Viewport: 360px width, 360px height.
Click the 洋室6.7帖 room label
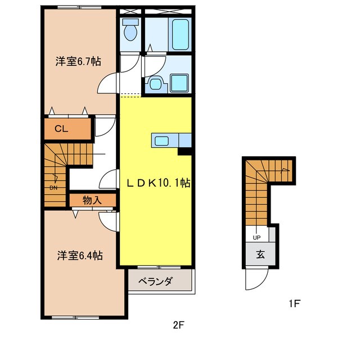point(78,61)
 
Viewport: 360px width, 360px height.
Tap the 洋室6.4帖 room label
point(80,255)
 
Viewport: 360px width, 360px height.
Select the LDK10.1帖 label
point(159,183)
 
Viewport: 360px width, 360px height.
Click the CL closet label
point(61,129)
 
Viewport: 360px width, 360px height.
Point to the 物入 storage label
point(92,200)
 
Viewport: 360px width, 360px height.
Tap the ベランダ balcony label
point(155,281)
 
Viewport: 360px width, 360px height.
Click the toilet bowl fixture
point(130,30)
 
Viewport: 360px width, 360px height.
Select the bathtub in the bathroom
point(181,34)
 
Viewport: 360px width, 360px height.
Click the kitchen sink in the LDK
point(162,140)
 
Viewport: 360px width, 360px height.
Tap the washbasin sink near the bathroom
point(155,84)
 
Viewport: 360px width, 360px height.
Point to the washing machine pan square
point(179,83)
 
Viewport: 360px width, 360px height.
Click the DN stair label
point(53,187)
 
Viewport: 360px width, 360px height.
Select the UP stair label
point(256,237)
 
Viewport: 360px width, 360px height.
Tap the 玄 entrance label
point(260,254)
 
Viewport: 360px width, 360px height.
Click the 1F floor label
point(295,304)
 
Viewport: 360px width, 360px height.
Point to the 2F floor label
point(179,325)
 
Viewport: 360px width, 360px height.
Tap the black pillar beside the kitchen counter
point(185,151)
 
